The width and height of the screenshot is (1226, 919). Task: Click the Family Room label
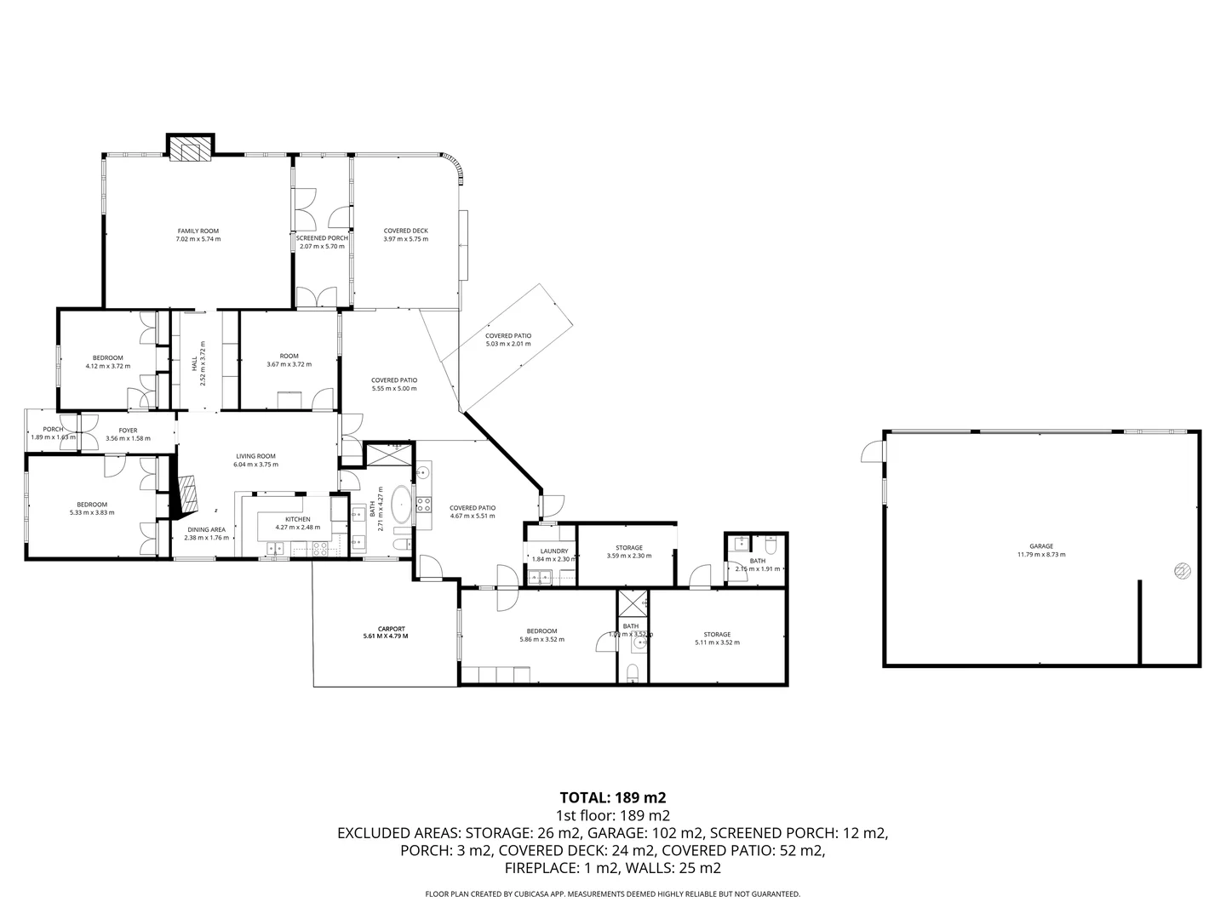(198, 231)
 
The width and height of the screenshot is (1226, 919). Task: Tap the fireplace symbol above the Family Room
(188, 150)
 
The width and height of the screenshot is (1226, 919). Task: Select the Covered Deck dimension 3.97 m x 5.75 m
(405, 239)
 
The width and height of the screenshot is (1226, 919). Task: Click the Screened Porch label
(321, 238)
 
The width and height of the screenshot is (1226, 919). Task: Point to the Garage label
(1040, 546)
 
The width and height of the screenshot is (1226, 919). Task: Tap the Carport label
(391, 628)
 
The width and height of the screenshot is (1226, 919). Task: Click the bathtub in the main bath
(400, 504)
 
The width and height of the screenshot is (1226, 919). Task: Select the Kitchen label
(297, 519)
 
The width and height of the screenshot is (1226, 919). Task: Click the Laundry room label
(553, 551)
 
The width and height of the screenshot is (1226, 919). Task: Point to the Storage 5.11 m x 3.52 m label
(717, 635)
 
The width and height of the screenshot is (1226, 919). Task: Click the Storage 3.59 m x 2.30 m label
(628, 548)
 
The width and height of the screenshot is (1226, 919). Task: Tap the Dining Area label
(207, 529)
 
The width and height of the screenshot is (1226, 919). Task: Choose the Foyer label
(128, 431)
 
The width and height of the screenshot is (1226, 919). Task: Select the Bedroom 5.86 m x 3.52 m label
(541, 631)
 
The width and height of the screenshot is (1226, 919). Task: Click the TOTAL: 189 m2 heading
(612, 797)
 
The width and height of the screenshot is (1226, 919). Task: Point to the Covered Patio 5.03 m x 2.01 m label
(507, 336)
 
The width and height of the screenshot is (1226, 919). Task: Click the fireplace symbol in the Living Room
(186, 495)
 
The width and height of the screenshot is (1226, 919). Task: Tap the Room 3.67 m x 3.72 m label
(289, 357)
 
